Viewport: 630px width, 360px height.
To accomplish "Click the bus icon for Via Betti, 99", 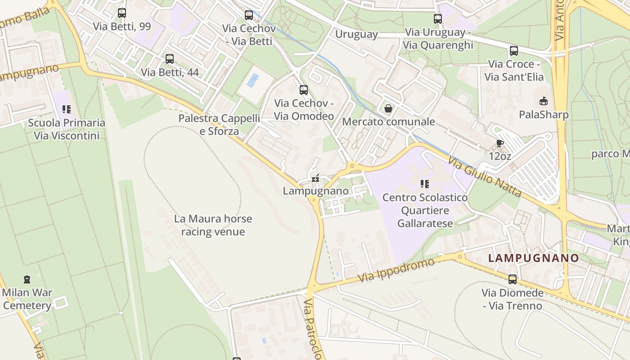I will coord(121,13).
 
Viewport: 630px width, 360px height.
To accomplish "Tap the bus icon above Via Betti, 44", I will coord(170,59).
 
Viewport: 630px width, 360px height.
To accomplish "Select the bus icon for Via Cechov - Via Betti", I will coord(249,15).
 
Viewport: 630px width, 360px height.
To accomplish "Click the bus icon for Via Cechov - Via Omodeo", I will coord(304,90).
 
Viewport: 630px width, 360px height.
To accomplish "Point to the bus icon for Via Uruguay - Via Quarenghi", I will coord(438,19).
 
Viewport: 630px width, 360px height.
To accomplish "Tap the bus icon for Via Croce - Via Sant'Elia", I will coord(514,51).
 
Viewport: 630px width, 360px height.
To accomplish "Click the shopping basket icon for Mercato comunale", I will coord(388,108).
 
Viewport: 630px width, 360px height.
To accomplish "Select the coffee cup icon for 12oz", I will coord(499,143).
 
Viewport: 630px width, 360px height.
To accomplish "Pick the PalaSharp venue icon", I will coord(544,101).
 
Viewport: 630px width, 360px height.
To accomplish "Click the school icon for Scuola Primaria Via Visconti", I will coord(67,109).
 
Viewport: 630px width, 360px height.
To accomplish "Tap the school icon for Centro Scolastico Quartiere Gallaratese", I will coord(425,184).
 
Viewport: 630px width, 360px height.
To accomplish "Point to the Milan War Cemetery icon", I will coord(27,279).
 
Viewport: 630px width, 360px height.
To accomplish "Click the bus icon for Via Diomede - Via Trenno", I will coord(512,279).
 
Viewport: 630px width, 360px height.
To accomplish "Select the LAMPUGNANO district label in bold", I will coord(533,258).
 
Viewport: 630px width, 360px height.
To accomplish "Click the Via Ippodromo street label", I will coord(396,270).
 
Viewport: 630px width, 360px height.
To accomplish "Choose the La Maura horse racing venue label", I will coord(213,225).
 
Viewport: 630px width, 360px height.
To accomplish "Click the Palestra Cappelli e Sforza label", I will coord(219,125).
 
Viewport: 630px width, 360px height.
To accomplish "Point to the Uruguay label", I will coord(356,34).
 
